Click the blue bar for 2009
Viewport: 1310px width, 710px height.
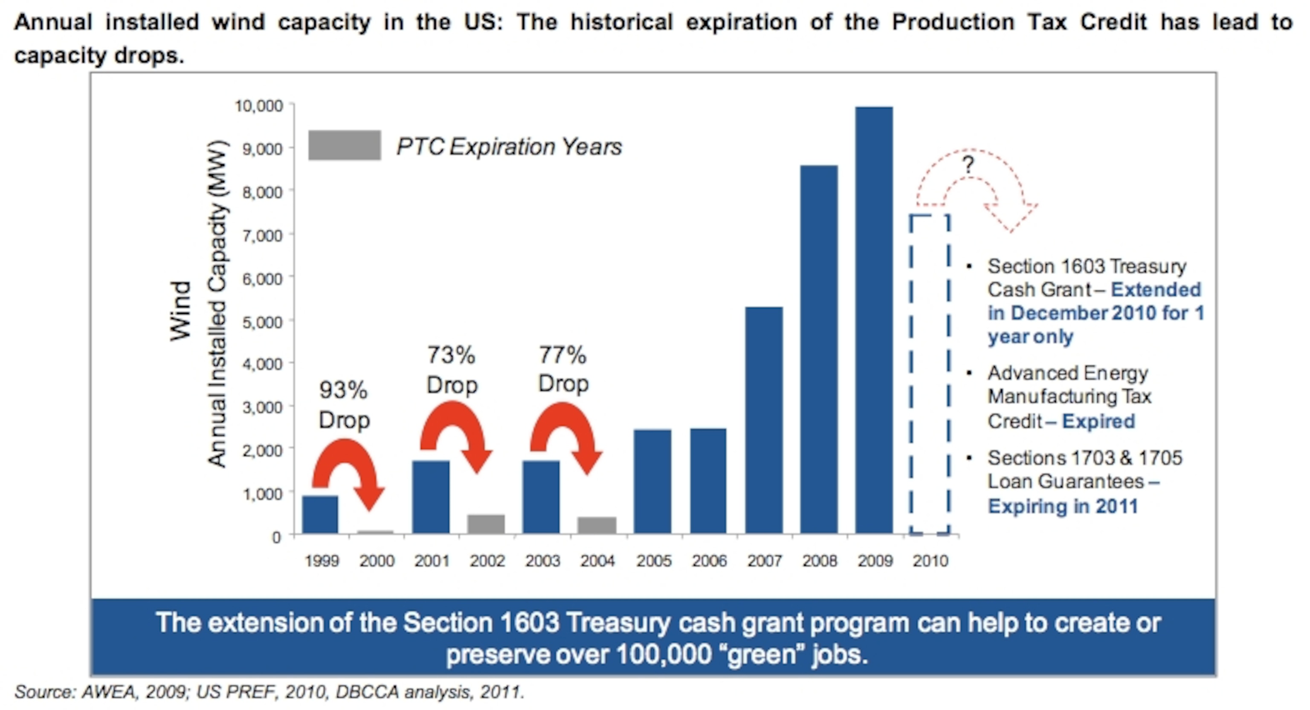point(874,320)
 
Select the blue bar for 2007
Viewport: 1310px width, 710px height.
point(764,420)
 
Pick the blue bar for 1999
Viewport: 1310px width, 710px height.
point(320,515)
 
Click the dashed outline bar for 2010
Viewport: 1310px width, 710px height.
point(930,374)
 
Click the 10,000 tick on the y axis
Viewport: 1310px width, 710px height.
point(258,106)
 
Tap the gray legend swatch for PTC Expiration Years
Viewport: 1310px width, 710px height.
point(344,145)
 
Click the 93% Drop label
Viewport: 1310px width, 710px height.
point(344,406)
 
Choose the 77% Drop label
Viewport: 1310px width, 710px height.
point(563,369)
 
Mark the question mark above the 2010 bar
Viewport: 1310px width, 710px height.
point(968,165)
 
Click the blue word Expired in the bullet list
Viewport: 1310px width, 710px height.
point(1098,422)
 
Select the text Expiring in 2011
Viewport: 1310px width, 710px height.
point(1062,507)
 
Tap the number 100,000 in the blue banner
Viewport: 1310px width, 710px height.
point(663,655)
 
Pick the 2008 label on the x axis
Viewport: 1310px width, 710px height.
point(819,561)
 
